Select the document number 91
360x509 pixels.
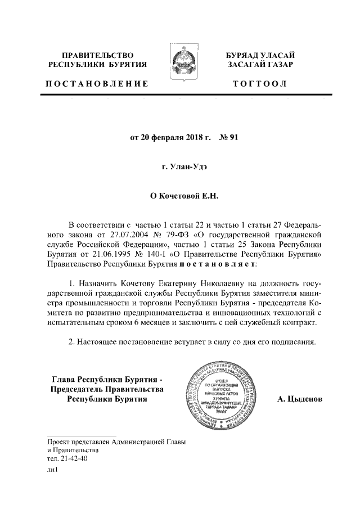pyautogui.click(x=234, y=136)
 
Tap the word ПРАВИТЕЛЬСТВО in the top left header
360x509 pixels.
pyautogui.click(x=98, y=56)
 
